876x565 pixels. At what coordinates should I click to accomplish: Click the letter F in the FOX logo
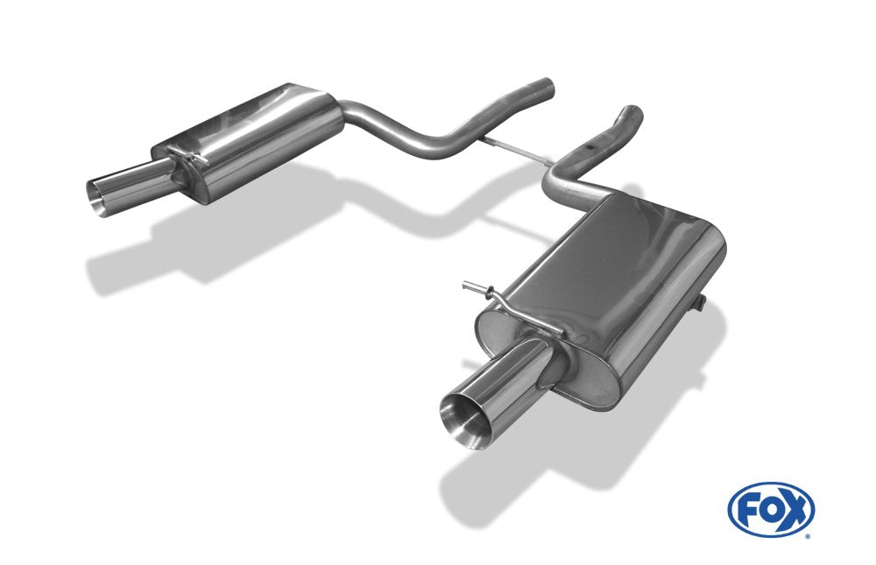click(x=747, y=510)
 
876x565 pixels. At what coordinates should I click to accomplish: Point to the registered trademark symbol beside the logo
click(x=807, y=536)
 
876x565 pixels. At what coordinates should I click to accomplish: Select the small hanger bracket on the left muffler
click(x=190, y=153)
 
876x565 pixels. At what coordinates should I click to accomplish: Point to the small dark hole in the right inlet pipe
click(x=589, y=147)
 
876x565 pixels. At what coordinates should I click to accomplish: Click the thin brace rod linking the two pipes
click(x=514, y=149)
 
